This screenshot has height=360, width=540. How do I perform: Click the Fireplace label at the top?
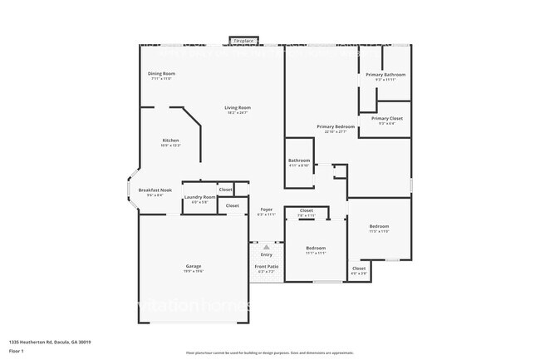point(243,40)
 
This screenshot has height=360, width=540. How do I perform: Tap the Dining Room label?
point(161,74)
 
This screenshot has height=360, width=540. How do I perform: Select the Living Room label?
point(238,107)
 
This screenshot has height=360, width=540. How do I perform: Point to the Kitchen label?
point(170,141)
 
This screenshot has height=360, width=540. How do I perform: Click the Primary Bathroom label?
point(385,75)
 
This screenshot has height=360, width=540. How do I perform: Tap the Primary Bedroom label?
point(336,126)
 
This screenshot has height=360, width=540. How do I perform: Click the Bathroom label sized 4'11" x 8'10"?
point(299,160)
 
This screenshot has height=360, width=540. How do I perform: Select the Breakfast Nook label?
point(155,190)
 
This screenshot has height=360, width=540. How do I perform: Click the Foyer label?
point(266,210)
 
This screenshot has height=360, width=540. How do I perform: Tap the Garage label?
point(193,266)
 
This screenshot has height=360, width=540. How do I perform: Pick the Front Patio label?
point(267,266)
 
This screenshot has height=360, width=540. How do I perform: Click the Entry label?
point(266,254)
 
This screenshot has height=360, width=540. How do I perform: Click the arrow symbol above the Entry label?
point(266,247)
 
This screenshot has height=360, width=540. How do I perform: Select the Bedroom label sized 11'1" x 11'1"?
point(316,249)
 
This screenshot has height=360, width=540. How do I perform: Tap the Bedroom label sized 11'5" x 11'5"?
point(379,227)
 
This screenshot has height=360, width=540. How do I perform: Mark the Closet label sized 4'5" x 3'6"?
point(359,269)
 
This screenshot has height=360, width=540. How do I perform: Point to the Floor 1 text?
point(16,351)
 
